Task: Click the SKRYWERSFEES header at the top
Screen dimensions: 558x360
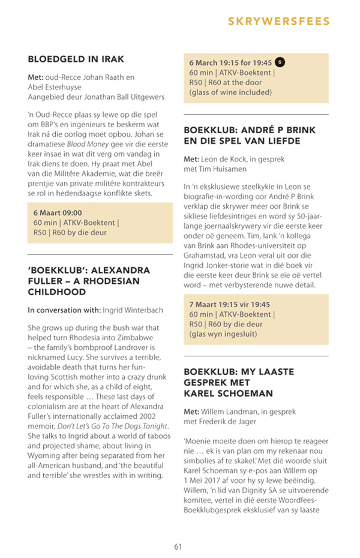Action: [279, 22]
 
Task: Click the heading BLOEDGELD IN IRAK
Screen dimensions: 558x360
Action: [76, 59]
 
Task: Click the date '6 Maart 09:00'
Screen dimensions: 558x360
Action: [58, 212]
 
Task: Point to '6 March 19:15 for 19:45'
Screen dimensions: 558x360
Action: [230, 62]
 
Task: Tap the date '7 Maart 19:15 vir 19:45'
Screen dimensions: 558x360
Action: [230, 305]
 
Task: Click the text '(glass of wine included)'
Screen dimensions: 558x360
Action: [230, 92]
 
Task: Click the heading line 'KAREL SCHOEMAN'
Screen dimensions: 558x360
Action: [228, 393]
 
